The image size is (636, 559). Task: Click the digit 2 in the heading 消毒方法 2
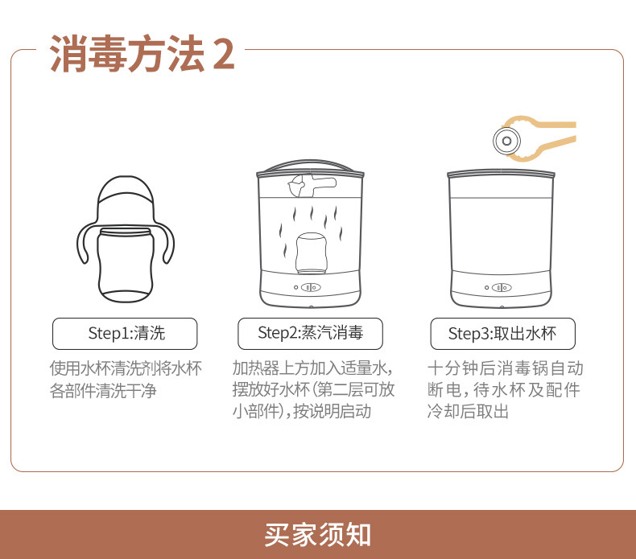[x=224, y=54]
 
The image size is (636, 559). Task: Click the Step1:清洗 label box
[x=125, y=334]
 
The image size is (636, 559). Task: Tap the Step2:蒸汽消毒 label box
[x=310, y=334]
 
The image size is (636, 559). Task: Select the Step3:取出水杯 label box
[x=502, y=334]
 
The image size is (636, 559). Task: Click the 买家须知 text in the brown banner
[x=317, y=535]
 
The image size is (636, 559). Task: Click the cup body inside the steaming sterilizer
[x=311, y=253]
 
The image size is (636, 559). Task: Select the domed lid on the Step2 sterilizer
[x=310, y=167]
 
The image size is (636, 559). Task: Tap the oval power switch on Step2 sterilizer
[x=311, y=287]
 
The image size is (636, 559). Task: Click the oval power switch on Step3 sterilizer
[x=502, y=287]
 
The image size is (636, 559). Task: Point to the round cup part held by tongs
[x=506, y=141]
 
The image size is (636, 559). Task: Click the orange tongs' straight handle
[x=555, y=125]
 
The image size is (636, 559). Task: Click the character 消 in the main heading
[x=68, y=54]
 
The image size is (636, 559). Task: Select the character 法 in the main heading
[x=185, y=54]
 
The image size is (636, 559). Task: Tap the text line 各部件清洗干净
[x=103, y=391]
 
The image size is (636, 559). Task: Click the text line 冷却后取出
[x=468, y=411]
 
